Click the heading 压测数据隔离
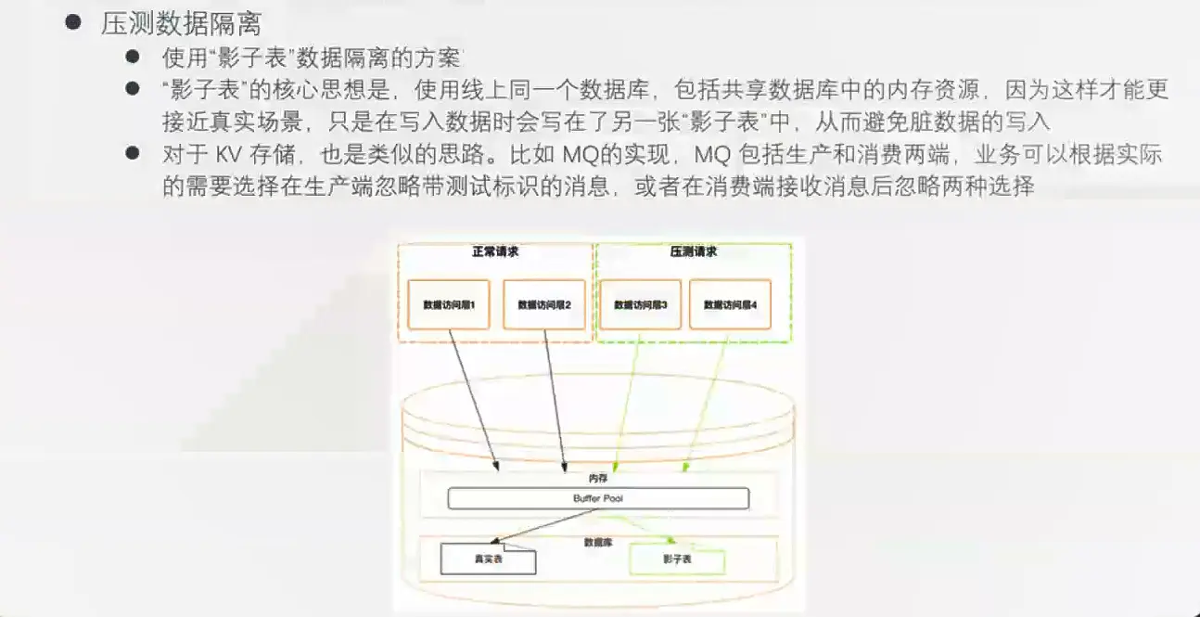(181, 23)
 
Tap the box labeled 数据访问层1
(450, 304)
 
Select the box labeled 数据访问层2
(544, 304)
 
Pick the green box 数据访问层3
(641, 304)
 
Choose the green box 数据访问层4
(736, 304)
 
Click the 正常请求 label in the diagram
(495, 252)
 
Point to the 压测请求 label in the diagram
(693, 252)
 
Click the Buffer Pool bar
(598, 499)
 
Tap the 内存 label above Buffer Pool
(598, 479)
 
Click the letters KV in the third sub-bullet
(228, 155)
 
